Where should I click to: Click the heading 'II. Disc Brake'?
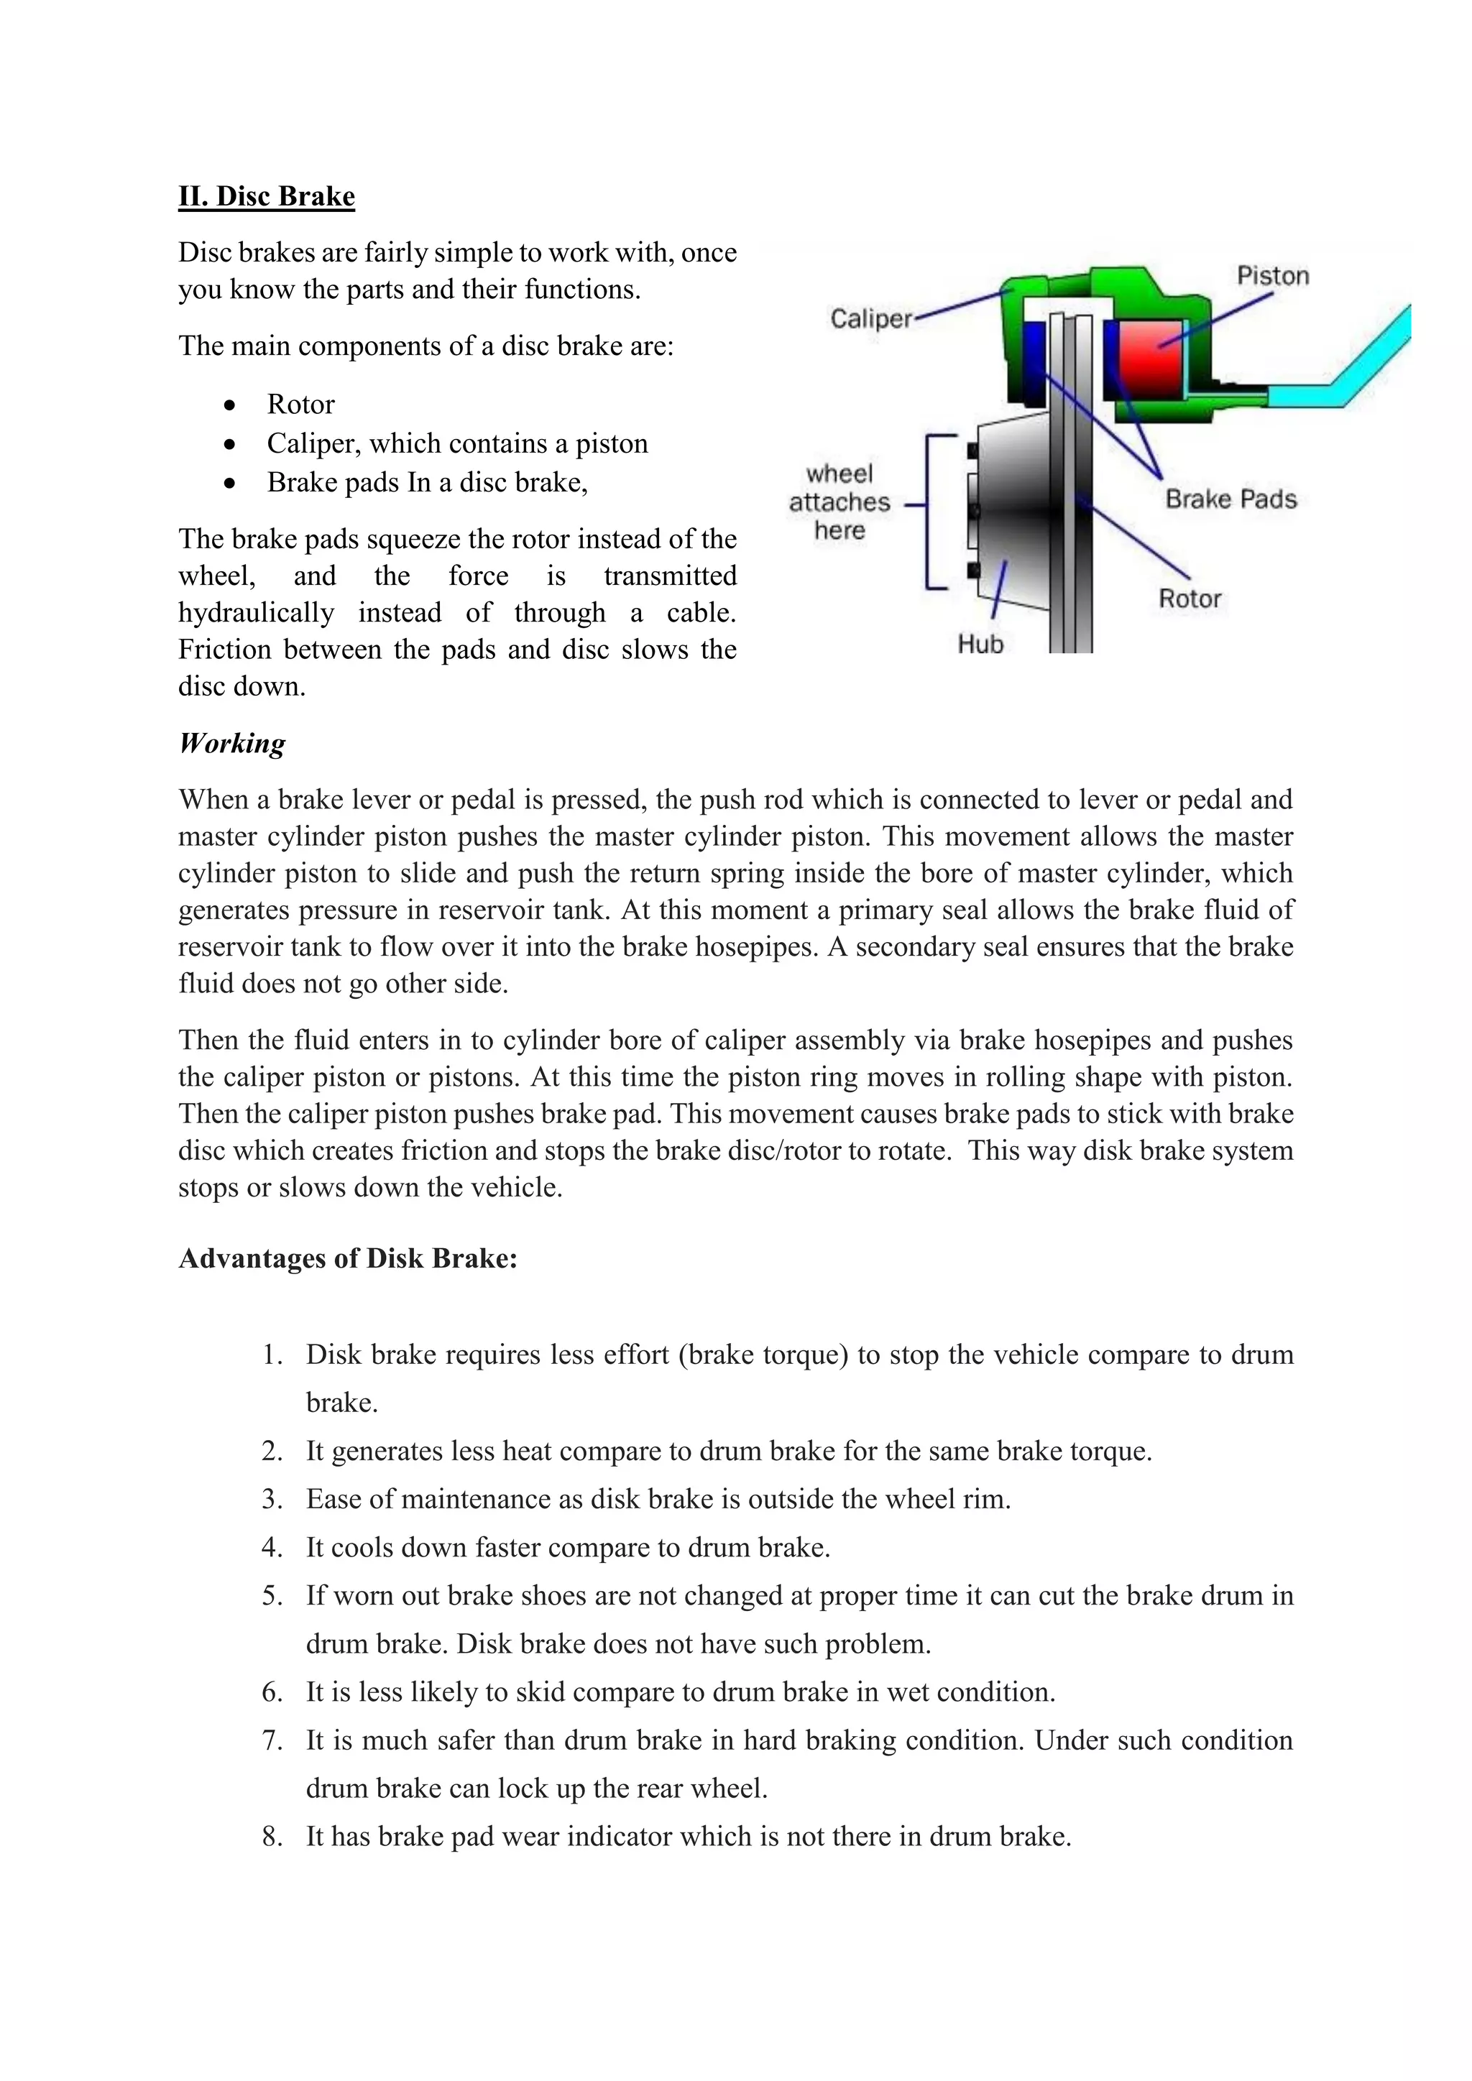click(x=267, y=197)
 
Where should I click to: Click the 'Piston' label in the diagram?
click(x=1273, y=275)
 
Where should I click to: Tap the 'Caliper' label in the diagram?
click(x=870, y=319)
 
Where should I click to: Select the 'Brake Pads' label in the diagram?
click(x=1230, y=499)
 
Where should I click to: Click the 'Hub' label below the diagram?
click(x=980, y=645)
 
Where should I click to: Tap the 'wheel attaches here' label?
click(x=839, y=502)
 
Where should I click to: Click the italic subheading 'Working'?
click(x=232, y=743)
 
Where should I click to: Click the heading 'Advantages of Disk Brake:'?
click(x=348, y=1258)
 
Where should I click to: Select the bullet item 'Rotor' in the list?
click(x=300, y=405)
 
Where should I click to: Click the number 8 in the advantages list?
click(x=270, y=1836)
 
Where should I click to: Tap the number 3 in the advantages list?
click(x=270, y=1498)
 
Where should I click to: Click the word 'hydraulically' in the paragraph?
click(x=256, y=614)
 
